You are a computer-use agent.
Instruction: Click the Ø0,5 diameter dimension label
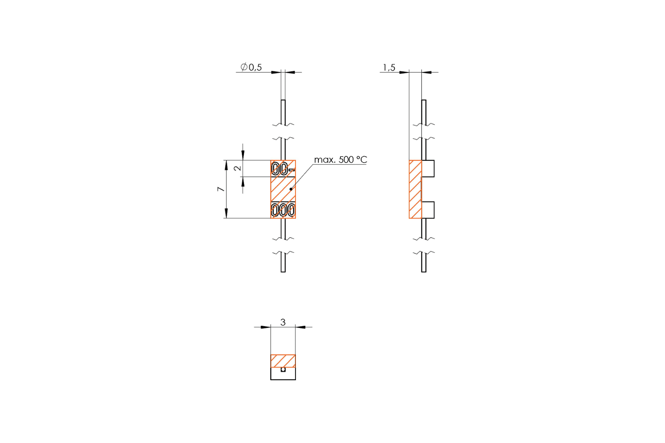pos(251,67)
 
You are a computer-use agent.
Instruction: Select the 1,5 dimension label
pos(389,67)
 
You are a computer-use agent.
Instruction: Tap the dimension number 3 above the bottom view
pos(283,322)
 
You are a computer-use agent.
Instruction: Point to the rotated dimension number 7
pos(220,189)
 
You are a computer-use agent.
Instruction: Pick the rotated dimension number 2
pos(237,168)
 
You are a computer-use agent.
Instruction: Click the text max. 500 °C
pos(340,160)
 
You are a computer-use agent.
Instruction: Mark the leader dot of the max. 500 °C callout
pos(291,189)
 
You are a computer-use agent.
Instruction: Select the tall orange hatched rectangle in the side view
pos(415,189)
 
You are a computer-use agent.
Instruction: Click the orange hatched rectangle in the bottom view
pos(283,361)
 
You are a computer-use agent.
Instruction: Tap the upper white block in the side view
pos(428,168)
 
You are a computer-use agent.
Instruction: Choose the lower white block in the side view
pos(428,210)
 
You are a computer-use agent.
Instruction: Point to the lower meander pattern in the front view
pos(283,210)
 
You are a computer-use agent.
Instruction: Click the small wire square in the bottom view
pos(283,369)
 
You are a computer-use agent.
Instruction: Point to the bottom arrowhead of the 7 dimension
pos(226,214)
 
